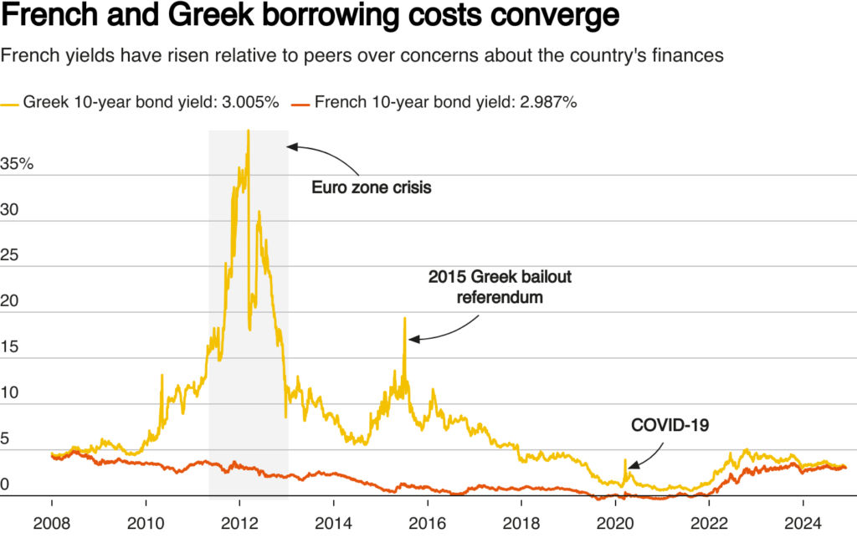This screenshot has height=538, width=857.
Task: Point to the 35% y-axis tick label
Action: point(17,164)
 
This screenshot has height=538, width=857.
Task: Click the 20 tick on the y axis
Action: point(9,301)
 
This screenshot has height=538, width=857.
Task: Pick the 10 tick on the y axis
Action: point(9,393)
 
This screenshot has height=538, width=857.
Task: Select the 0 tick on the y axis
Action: point(5,484)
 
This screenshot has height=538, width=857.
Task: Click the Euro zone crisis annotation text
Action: point(372,187)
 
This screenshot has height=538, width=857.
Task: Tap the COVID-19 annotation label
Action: point(670,426)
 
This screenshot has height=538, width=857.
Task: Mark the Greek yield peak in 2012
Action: point(249,131)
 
